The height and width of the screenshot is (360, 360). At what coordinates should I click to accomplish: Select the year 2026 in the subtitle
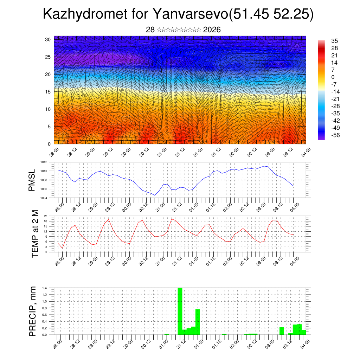point(212,30)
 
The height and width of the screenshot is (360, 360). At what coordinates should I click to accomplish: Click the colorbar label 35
point(334,41)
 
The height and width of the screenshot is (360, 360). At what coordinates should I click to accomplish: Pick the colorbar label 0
point(333,77)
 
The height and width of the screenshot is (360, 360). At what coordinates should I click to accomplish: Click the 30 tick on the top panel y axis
point(48,39)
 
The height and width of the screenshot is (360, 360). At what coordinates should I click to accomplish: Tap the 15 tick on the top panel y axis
point(48,92)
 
